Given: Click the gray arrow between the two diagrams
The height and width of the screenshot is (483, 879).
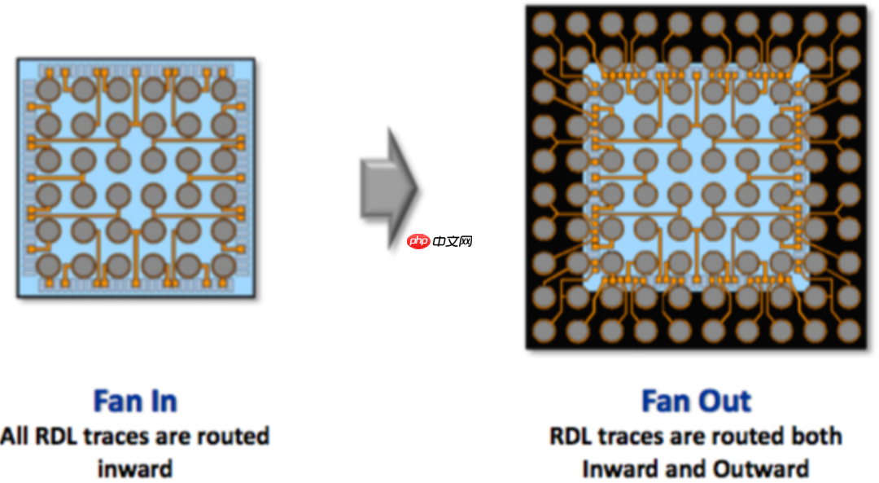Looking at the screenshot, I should click(x=389, y=186).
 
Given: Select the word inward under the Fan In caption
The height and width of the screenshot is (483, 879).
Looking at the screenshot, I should click(x=135, y=469).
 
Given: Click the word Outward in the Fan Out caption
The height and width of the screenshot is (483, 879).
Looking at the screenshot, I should click(x=762, y=469).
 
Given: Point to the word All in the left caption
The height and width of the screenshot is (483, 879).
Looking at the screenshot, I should click(x=15, y=437).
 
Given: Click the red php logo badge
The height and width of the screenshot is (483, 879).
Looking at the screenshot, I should click(x=418, y=242).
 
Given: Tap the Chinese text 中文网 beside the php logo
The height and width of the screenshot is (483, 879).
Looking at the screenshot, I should click(x=453, y=242).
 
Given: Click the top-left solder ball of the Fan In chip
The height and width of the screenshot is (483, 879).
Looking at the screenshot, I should click(x=49, y=90).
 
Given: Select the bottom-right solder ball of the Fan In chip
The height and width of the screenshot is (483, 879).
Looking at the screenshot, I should click(x=223, y=266).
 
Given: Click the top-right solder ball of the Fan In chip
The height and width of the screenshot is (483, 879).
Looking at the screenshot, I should click(x=223, y=90).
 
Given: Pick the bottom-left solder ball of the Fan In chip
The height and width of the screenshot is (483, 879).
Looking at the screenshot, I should click(x=49, y=266).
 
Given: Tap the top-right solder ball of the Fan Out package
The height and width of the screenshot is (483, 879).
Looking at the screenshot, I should click(x=849, y=24).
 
